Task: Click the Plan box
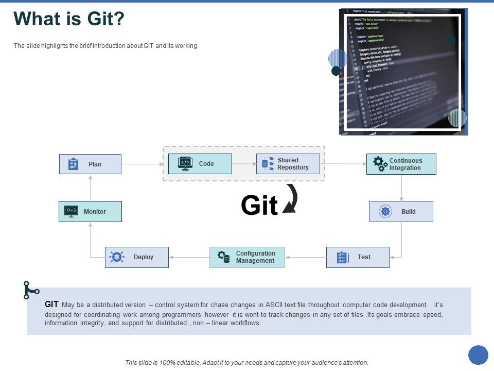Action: [x=90, y=164]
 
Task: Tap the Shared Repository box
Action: [x=288, y=164]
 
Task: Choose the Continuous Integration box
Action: [x=401, y=164]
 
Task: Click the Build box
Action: [x=401, y=212]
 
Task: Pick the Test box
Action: [x=358, y=257]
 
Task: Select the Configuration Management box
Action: [x=247, y=257]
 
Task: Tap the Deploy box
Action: [x=136, y=257]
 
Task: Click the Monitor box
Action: [x=90, y=212]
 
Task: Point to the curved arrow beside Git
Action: [x=291, y=199]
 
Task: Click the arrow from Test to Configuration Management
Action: [x=306, y=257]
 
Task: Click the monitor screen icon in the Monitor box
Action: [x=71, y=211]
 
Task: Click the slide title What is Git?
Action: [x=69, y=19]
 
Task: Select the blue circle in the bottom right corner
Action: [x=478, y=355]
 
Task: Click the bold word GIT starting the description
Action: [x=51, y=305]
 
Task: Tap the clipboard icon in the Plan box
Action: [x=74, y=164]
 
